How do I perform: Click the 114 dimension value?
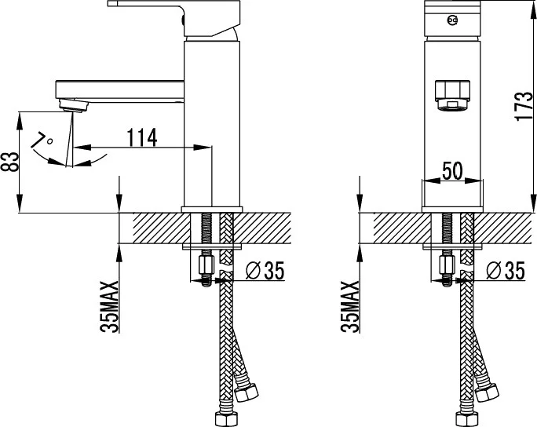(142, 137)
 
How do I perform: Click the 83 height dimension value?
(10, 162)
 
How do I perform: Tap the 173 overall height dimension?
(524, 106)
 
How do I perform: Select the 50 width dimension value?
(452, 170)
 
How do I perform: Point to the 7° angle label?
(42, 140)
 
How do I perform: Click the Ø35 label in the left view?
(265, 271)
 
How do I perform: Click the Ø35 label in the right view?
(506, 271)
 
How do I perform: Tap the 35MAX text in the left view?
(110, 307)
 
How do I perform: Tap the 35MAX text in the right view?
(350, 307)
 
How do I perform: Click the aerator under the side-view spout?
(75, 105)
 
